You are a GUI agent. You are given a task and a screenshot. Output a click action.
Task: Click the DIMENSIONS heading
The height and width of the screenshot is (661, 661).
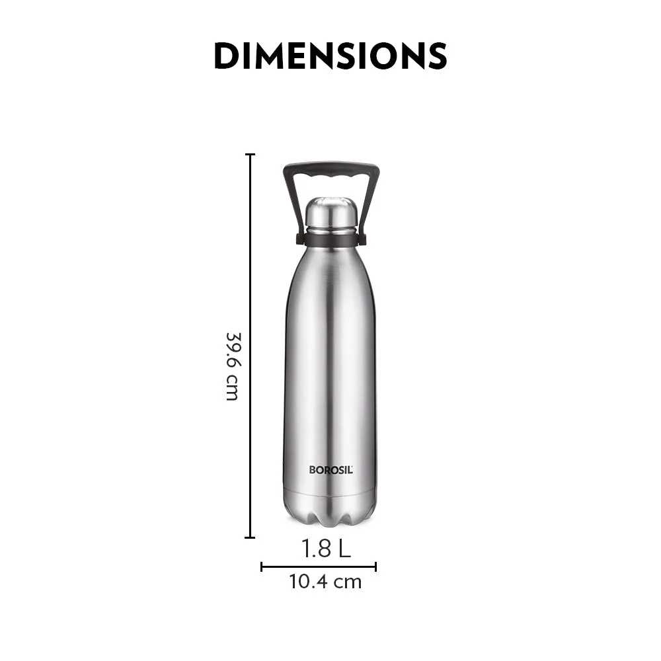pos(330,56)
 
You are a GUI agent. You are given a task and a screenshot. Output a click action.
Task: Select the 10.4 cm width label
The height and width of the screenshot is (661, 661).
pos(325,582)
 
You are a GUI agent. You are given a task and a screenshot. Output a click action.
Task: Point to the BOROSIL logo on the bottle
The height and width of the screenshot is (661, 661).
pos(331,470)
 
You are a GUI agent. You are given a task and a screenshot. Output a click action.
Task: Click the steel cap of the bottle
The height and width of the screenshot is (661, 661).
pos(331,213)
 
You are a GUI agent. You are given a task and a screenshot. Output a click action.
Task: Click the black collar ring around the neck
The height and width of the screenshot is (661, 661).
pos(331,239)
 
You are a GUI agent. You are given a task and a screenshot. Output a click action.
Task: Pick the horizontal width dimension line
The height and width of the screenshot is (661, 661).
pos(319,566)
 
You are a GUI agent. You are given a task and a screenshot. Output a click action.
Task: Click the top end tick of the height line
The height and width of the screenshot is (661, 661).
pos(250,155)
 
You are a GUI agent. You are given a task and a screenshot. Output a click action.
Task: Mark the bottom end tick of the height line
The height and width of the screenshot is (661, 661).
pos(250,537)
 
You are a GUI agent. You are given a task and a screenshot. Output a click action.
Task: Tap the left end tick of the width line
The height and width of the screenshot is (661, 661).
pos(262,566)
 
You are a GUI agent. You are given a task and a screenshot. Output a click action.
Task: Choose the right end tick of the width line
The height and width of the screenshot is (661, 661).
pos(375,566)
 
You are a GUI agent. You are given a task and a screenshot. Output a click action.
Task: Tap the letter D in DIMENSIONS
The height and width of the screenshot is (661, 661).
pos(227,56)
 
